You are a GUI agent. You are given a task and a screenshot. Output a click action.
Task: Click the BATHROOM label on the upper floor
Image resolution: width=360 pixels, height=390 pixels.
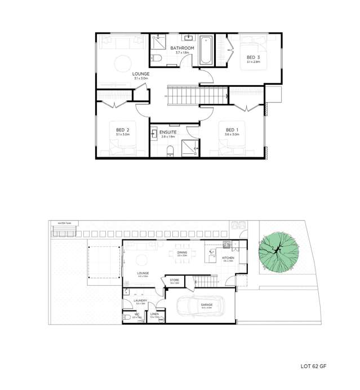pos(183,48)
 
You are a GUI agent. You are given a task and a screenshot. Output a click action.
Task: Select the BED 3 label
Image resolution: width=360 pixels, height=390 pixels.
pos(253,57)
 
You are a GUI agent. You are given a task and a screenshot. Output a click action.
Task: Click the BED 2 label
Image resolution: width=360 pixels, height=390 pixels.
pos(122,130)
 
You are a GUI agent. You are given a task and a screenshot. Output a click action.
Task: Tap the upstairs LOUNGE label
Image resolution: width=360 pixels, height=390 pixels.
pos(140,74)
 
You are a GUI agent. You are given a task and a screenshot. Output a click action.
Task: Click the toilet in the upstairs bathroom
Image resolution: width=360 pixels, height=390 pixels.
pos(157,57)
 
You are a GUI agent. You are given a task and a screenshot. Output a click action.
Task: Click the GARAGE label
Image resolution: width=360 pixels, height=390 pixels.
pos(206,303)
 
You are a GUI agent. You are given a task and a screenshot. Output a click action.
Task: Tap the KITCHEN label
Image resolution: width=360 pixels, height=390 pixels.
pos(228,258)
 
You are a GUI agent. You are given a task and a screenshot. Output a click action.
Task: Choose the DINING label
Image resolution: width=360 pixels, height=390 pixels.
pos(182,252)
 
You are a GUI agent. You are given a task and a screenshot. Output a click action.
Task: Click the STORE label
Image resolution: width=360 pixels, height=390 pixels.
pos(174,280)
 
